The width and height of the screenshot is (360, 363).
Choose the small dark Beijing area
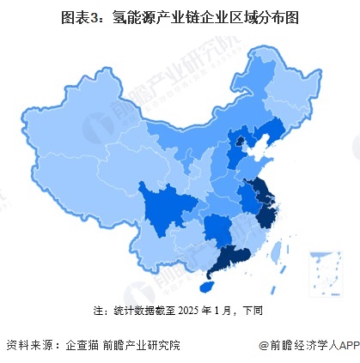point(241,142)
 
